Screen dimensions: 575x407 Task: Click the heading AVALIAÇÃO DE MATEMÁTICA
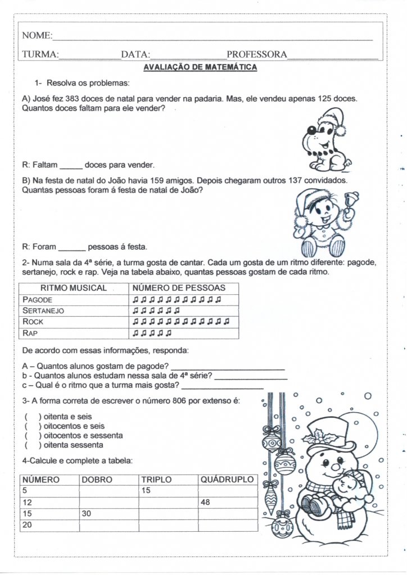pos(200,67)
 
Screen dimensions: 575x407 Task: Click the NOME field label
pos(36,36)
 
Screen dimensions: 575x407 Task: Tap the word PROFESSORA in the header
pos(256,55)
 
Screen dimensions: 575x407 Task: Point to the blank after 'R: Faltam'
pos(71,166)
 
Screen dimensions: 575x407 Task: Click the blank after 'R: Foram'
pos(72,247)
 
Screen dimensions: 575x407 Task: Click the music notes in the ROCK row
pos(181,322)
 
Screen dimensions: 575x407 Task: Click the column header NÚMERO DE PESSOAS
pos(178,288)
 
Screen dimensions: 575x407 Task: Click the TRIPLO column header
pos(156,480)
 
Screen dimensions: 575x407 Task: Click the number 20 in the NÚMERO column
pos(27,526)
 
